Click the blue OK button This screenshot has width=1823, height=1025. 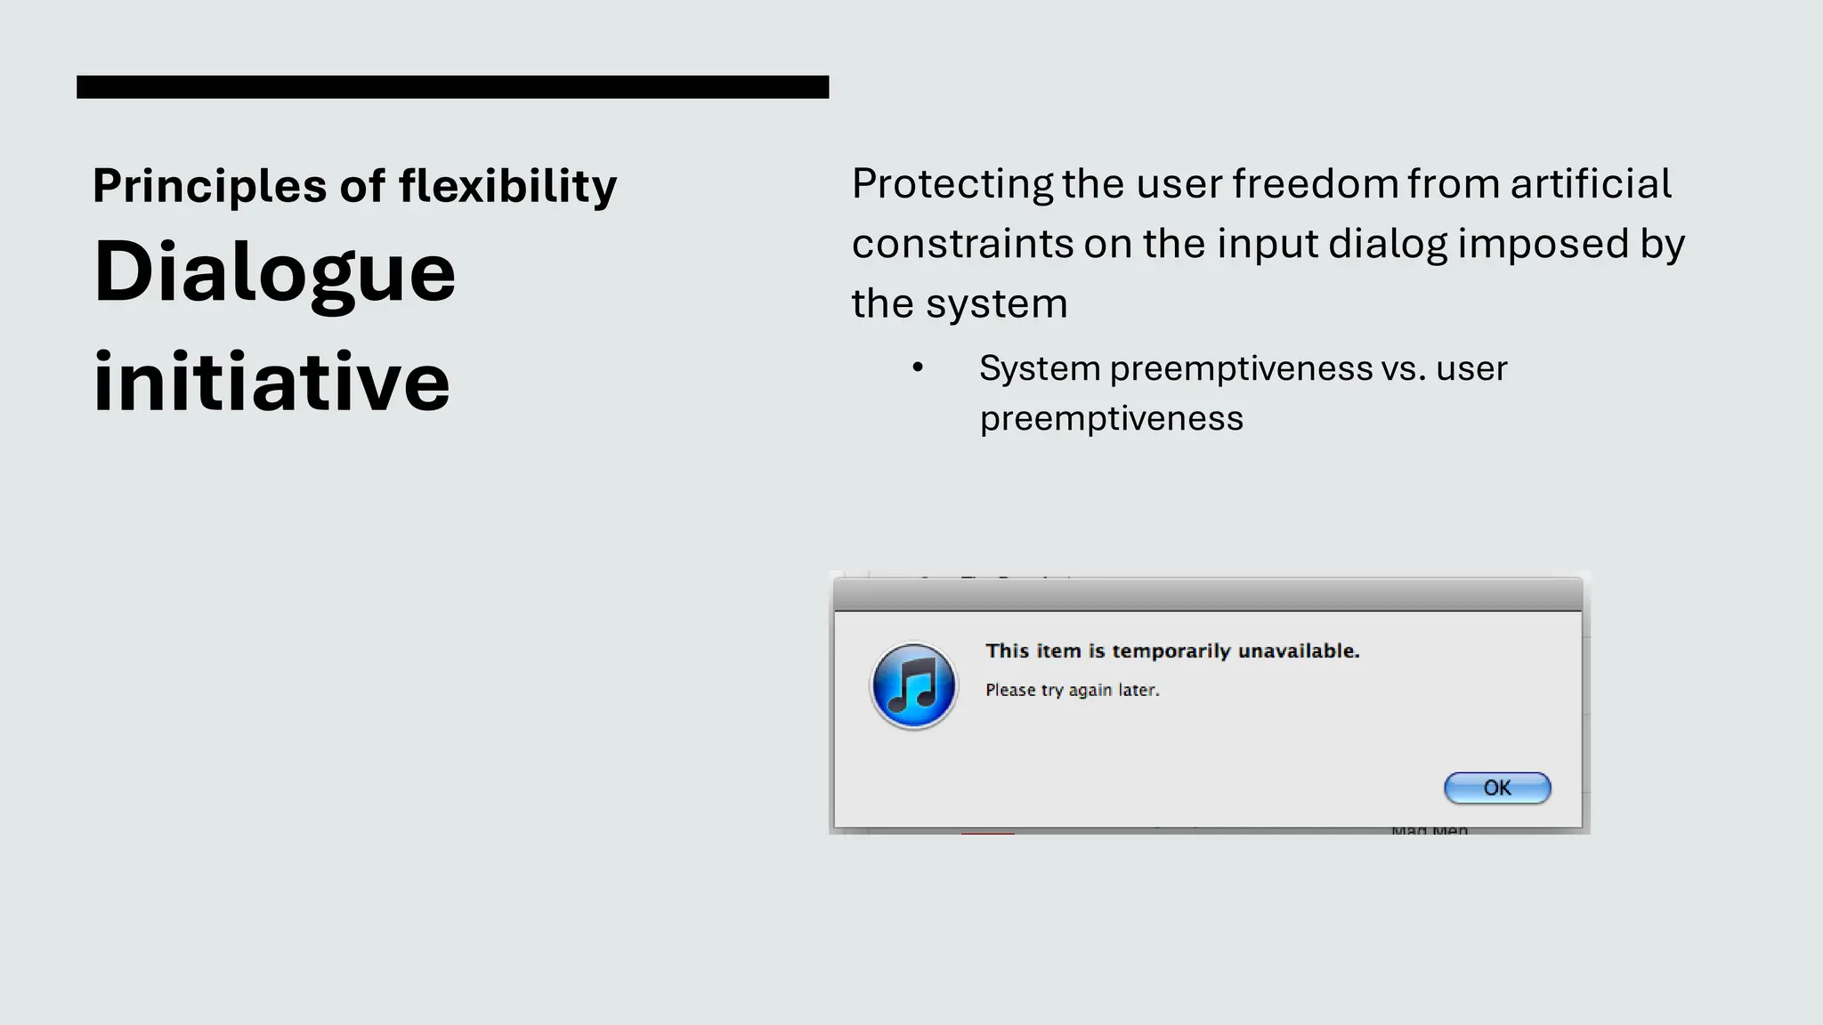[1496, 787]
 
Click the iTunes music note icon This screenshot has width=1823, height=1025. [913, 686]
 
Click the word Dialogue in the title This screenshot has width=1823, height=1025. [274, 272]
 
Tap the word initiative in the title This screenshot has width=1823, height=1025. [271, 382]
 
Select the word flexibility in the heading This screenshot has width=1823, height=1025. [507, 186]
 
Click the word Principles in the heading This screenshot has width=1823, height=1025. [209, 186]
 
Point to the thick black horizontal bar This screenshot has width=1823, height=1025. [452, 86]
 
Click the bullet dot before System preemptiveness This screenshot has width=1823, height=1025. [918, 367]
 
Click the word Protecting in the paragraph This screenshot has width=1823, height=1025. [952, 184]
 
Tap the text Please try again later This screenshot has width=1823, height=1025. [1072, 690]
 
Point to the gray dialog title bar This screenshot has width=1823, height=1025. [1207, 594]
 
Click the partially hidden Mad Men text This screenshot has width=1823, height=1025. [1429, 829]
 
